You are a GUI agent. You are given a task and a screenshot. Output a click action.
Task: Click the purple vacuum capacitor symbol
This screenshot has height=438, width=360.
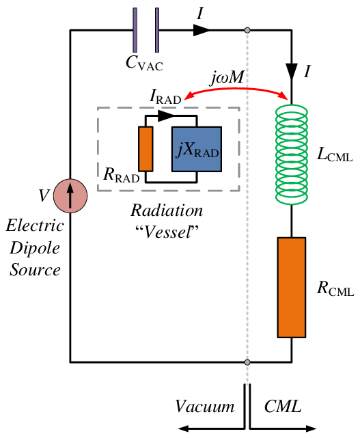coord(147,29)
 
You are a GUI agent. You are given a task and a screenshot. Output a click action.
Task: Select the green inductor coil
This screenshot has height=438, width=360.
coord(292,154)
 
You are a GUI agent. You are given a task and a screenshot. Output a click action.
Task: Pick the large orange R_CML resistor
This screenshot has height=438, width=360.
coord(292,286)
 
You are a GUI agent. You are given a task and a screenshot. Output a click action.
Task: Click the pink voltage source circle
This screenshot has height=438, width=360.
coord(70,196)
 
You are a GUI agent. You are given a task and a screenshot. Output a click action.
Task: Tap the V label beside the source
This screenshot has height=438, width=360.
coord(44,197)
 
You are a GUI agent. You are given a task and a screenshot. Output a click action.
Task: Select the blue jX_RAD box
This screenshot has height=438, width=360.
coord(197,148)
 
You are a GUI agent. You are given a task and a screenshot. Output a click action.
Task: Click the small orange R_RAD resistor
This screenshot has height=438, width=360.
coord(145,148)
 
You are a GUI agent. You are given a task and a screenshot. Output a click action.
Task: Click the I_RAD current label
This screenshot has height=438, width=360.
coord(165,97)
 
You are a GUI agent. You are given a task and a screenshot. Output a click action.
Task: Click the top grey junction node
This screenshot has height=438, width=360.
coord(247,30)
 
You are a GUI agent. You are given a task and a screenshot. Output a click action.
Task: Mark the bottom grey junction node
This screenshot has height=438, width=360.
coord(247,361)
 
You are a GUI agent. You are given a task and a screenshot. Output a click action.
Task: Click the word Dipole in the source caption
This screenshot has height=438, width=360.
coord(34,247)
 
